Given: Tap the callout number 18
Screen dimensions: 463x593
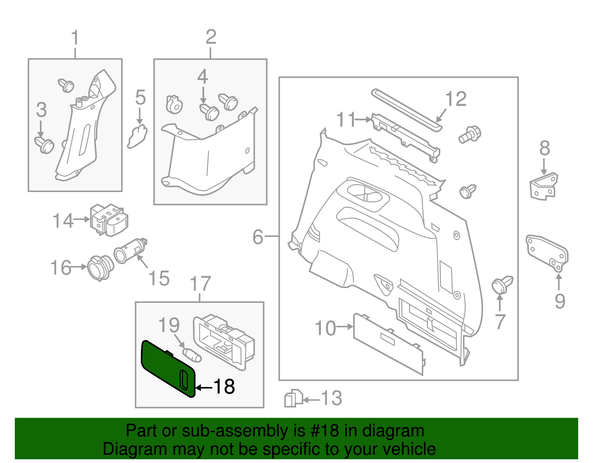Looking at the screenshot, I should coord(224,387).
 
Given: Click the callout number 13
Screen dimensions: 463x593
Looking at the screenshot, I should coord(331,398).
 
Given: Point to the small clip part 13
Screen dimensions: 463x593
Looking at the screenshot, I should coord(293,398).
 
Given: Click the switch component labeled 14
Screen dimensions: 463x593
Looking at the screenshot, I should coord(108,220).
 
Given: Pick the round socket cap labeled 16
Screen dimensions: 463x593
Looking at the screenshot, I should coord(100,267).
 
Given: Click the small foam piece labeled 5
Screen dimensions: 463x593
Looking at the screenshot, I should coord(138,136).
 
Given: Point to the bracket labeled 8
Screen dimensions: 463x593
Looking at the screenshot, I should coord(544,186).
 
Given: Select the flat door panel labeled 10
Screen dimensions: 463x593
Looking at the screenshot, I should coord(387,343).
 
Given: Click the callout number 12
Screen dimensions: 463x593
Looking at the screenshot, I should coord(455,99).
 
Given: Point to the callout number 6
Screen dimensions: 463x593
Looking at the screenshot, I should coord(258,237).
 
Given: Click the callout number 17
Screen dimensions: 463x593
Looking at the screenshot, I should coord(200,284).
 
